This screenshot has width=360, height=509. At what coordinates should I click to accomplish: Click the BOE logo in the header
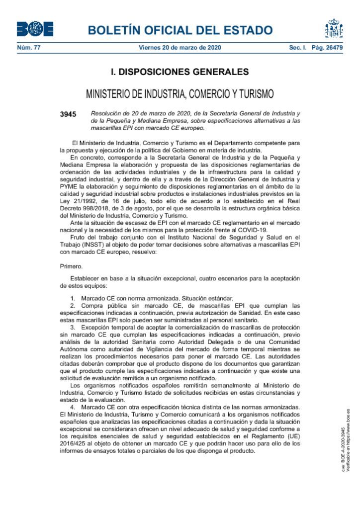tap(35, 29)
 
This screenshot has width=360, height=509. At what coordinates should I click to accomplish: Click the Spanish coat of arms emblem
tap(334, 29)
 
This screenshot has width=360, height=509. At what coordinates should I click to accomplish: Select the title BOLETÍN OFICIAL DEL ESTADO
tap(180, 30)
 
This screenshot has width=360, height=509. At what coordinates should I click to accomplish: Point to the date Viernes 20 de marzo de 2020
tap(180, 48)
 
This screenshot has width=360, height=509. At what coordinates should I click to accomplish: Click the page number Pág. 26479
tap(327, 48)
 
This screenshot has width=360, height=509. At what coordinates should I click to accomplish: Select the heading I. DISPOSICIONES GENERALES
tap(180, 72)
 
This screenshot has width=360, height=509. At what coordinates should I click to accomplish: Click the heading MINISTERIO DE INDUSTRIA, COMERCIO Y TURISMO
tap(180, 94)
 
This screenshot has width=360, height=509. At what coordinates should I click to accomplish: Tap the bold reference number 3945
tap(68, 114)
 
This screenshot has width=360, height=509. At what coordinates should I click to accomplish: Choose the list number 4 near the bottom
tap(73, 407)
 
